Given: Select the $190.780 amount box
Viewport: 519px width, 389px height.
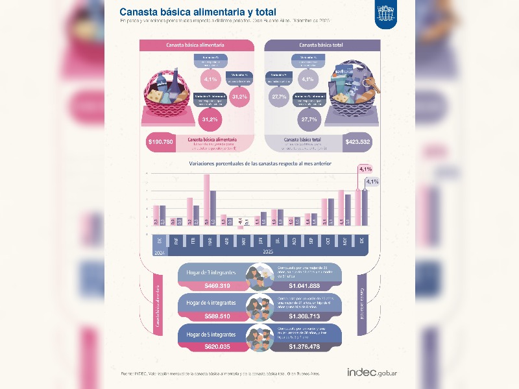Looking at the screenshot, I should (x=160, y=143).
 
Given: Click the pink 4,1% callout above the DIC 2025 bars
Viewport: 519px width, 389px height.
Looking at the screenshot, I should (x=365, y=170).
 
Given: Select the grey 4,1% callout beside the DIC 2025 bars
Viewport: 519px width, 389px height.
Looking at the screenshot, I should (x=372, y=182).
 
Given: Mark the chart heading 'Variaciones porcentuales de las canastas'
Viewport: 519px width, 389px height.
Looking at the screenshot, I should (x=259, y=164).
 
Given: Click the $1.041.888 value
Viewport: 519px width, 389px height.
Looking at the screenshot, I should (x=306, y=285).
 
